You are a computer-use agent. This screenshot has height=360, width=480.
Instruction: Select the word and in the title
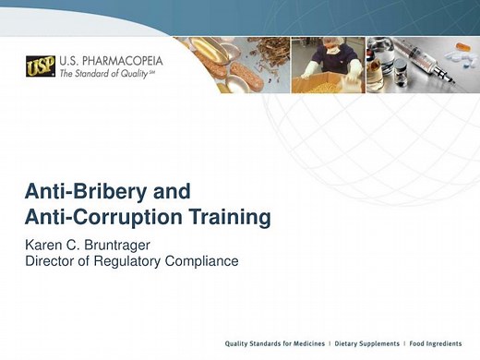165,192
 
